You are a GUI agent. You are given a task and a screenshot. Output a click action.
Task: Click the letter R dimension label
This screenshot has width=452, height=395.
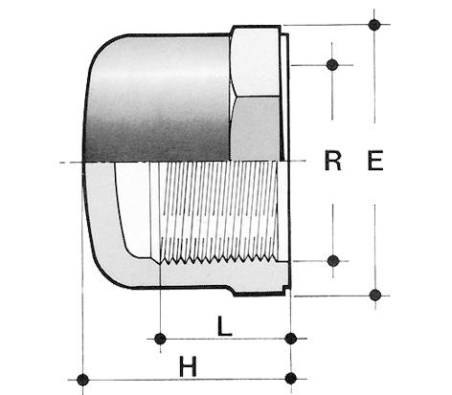332,161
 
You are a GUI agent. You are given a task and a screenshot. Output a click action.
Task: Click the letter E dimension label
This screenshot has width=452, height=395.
375,161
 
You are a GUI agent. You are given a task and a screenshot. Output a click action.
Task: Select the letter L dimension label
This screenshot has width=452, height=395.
224,326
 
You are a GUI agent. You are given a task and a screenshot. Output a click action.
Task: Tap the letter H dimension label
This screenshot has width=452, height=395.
188,366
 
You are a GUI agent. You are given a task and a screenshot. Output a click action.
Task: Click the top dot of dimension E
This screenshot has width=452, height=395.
374,24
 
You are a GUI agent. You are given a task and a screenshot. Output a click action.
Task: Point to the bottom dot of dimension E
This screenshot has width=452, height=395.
375,295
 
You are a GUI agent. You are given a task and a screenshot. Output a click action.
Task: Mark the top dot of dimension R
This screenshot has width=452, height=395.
332,64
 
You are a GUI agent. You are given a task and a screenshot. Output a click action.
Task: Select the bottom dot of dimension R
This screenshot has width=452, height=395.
333,261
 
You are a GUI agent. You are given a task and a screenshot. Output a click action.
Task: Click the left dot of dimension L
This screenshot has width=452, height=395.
160,339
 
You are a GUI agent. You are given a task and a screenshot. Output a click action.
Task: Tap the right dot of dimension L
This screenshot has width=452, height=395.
291,339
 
